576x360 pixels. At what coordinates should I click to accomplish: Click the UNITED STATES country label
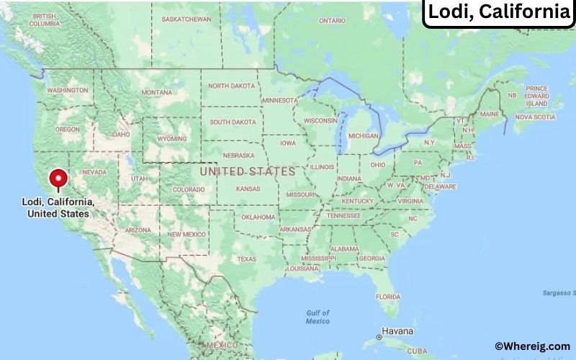point(248,171)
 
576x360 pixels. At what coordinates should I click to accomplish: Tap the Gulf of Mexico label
point(317,317)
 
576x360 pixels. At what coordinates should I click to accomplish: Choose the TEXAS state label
point(246,259)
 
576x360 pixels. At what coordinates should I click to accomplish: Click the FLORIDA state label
point(388,297)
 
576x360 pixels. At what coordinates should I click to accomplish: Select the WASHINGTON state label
point(67,90)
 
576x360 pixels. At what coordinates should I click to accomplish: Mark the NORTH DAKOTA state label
point(231,86)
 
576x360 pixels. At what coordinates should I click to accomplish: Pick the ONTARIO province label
point(332,20)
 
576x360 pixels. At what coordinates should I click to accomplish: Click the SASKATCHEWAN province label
point(186,19)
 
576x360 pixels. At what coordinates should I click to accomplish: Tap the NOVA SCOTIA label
point(535,117)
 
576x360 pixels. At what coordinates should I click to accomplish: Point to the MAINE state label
point(490,114)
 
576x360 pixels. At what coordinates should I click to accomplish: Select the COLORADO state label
point(189,190)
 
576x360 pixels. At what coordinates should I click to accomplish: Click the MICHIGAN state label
point(363,135)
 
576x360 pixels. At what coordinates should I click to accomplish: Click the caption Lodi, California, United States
point(58,209)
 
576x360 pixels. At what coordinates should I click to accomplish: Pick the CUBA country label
point(417,351)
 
